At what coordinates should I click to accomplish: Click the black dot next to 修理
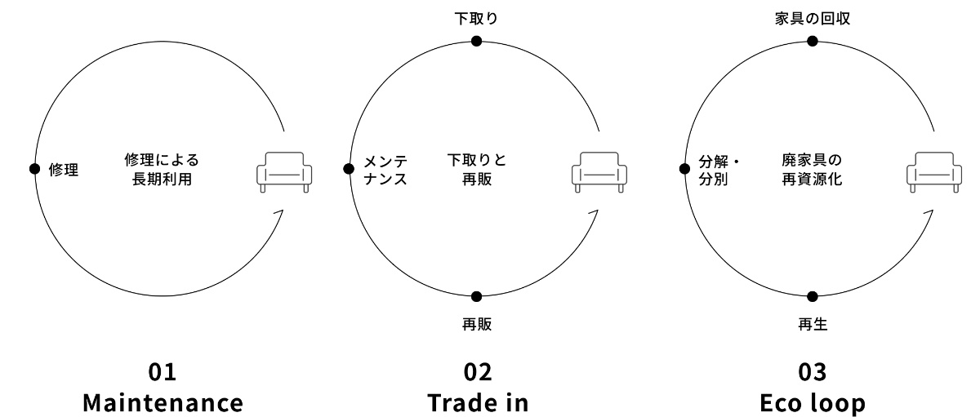(34, 169)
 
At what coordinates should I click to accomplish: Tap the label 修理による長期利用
(162, 169)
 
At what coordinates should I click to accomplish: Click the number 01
(162, 373)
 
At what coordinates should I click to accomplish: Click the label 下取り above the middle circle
(477, 17)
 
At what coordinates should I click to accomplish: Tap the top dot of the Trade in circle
(477, 41)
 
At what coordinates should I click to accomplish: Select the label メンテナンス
(385, 169)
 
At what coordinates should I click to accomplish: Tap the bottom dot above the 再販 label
(477, 297)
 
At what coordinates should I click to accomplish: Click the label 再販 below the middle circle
(477, 325)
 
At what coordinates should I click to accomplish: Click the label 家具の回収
(812, 17)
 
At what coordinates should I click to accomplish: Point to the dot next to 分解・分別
(684, 169)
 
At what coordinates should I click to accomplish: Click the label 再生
(813, 325)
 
